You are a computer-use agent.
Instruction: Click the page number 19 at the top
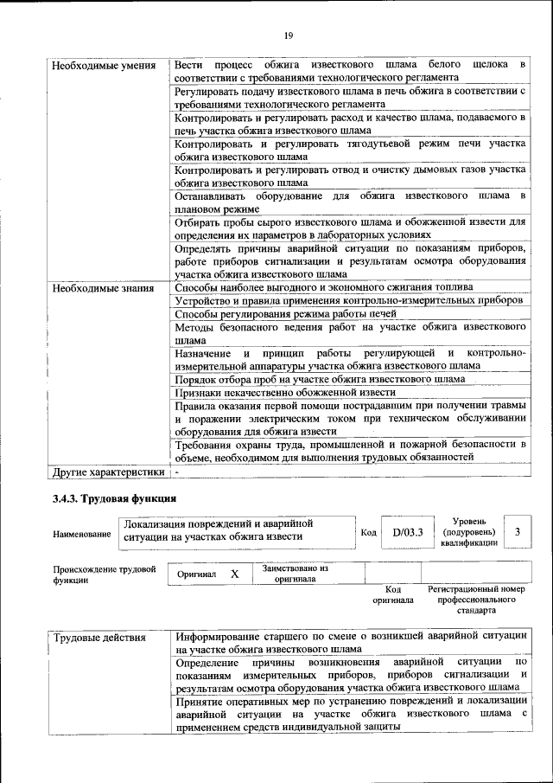[288, 35]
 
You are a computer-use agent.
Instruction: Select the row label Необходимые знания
[103, 288]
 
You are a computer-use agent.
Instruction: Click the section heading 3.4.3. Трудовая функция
[114, 499]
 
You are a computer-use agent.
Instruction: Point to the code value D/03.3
[406, 533]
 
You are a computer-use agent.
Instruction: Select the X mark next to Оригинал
[234, 574]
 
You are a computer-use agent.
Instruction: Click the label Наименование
[82, 535]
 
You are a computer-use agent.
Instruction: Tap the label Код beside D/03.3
[366, 533]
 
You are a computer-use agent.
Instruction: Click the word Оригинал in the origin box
[197, 574]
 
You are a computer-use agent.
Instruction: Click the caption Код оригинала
[393, 594]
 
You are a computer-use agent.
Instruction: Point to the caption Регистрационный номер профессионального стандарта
[476, 599]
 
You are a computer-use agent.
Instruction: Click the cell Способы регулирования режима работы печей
[285, 313]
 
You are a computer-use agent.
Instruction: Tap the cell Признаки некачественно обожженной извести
[284, 392]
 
